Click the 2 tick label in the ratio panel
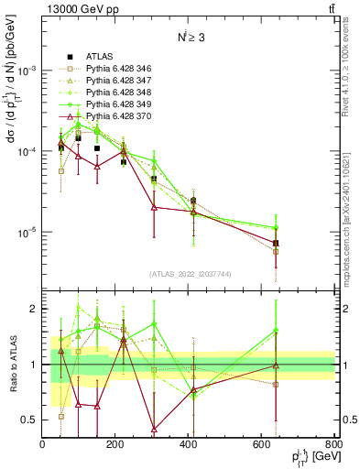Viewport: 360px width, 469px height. [x=35, y=310]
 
